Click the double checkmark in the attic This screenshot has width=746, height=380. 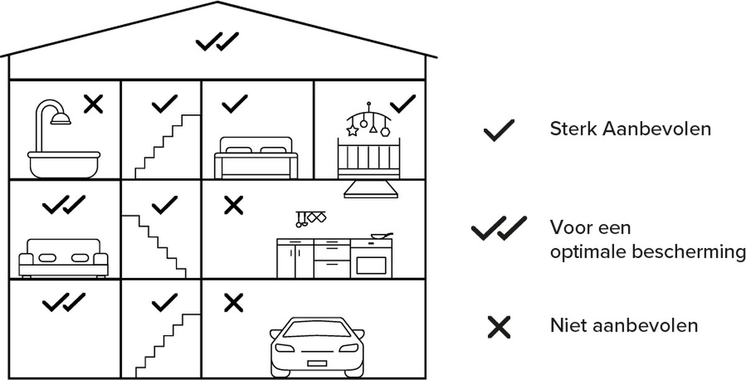[217, 42]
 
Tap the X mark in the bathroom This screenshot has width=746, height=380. [93, 104]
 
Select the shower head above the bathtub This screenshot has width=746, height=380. [60, 119]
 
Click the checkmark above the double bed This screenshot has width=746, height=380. [235, 104]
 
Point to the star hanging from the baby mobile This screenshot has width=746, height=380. [352, 131]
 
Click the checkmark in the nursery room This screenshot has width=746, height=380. [403, 104]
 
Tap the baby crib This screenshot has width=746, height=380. [369, 158]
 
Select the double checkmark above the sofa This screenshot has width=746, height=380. [64, 205]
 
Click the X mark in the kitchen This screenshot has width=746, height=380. [234, 205]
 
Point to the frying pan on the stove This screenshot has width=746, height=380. [382, 236]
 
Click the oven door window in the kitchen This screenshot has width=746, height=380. [371, 266]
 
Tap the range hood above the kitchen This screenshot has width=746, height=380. [371, 190]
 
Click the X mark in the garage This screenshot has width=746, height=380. [234, 303]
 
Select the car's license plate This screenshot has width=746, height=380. [316, 363]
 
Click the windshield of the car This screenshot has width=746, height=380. [316, 329]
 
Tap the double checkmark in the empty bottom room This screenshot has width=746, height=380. [64, 302]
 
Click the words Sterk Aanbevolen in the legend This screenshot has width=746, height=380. [630, 129]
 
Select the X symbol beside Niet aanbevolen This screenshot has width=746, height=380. [499, 327]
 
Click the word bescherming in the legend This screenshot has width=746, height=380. [689, 252]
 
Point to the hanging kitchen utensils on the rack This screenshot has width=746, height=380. [311, 219]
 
